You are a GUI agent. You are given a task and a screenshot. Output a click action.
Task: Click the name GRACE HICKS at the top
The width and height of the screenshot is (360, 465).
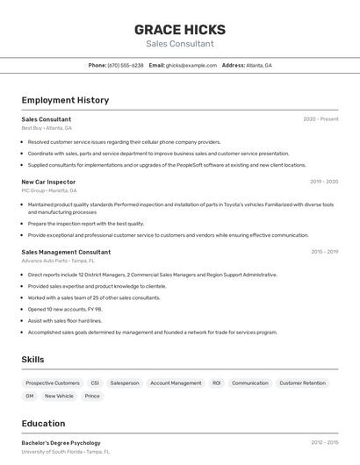pos(179,29)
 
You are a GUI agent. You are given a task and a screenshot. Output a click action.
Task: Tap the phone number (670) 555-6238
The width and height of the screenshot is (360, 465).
pos(126,65)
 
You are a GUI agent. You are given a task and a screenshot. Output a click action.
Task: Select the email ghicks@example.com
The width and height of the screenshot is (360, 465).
pos(191,65)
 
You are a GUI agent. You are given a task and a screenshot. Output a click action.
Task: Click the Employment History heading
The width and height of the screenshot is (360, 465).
pos(65,100)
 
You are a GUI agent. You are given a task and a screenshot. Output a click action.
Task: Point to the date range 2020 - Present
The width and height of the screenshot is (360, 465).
pos(320,118)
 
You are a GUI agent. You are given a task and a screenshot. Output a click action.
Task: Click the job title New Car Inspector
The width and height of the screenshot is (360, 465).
pos(48,182)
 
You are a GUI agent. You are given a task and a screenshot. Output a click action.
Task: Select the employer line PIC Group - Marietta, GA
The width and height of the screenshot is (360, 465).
pos(49,190)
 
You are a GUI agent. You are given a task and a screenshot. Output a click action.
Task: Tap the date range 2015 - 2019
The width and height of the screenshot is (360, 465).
pos(324,252)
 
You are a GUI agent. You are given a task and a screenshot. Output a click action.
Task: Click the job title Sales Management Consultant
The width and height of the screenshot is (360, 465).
pos(66,252)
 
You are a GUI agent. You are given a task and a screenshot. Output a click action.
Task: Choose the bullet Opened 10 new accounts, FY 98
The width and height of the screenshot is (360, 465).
pos(65,309)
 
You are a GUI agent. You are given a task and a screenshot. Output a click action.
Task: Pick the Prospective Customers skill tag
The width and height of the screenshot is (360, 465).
pos(53,383)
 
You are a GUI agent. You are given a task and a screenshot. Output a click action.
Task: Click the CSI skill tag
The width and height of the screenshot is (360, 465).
pos(95,383)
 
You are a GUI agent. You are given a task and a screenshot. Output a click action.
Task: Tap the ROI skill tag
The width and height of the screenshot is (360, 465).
pos(216,383)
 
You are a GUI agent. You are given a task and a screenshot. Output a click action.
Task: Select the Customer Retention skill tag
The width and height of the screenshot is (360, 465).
pos(301,383)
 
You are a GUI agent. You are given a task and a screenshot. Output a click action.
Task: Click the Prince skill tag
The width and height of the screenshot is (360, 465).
pos(92,396)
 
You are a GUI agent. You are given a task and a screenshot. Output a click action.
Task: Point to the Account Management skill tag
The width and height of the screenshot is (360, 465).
pos(176,383)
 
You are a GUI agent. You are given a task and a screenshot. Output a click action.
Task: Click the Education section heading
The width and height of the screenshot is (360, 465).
pos(43,423)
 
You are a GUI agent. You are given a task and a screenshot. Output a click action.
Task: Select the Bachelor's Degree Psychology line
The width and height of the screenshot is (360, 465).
pos(61,443)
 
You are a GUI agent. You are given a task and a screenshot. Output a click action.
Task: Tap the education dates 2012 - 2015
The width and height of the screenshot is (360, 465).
pos(324,443)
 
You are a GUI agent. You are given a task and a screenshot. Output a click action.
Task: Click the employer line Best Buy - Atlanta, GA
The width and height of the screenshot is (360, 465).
pos(47,128)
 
